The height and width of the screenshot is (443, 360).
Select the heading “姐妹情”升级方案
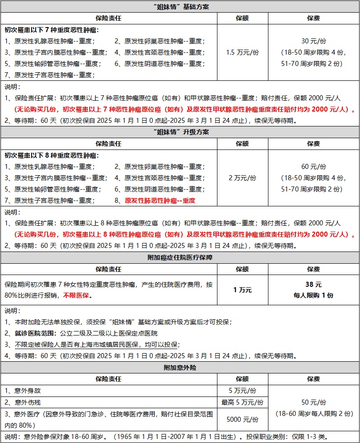coord(180,132)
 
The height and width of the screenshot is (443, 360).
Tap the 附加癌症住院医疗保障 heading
coord(180,257)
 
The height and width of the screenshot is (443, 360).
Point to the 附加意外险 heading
coord(180,368)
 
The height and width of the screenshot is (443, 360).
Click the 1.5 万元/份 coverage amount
coord(242,52)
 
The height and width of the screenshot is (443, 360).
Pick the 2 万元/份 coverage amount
coord(242,178)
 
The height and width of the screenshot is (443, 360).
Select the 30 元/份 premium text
coord(314,41)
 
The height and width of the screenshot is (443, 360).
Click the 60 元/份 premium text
coord(314,167)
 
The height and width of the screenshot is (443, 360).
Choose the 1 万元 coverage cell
coord(242,290)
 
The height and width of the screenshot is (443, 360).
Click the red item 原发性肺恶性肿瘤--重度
coord(160,201)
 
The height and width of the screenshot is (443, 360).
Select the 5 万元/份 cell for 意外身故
coord(242,391)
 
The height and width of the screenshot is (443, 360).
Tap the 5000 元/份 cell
coord(242,420)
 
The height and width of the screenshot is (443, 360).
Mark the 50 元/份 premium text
coord(314,402)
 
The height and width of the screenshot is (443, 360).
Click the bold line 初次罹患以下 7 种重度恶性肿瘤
coord(51,30)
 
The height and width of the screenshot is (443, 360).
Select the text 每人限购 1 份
coord(314,296)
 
